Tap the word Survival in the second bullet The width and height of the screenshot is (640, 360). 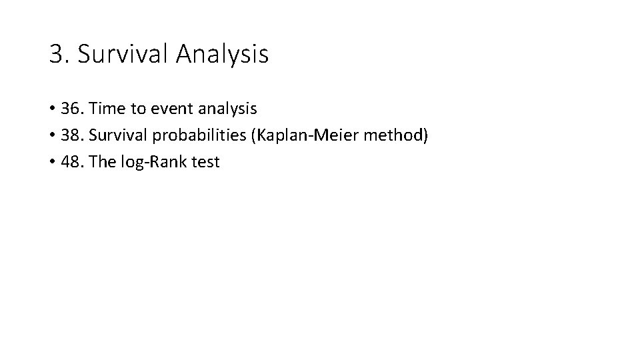(x=117, y=135)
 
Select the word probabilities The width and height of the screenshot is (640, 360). (x=199, y=135)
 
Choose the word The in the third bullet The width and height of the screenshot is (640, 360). (x=102, y=162)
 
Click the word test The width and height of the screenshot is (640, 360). (x=205, y=162)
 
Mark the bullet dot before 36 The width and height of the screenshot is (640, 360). (x=51, y=109)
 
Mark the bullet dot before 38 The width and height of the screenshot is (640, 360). (x=51, y=136)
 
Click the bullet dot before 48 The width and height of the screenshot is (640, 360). (x=51, y=163)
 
